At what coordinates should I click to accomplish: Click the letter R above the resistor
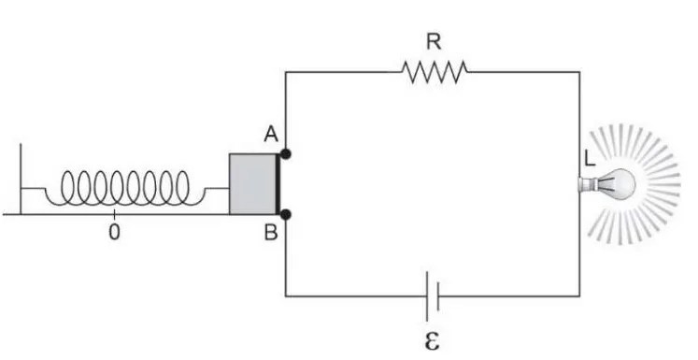pyautogui.click(x=434, y=42)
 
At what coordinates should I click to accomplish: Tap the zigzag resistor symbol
pyautogui.click(x=434, y=72)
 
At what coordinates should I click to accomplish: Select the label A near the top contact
pyautogui.click(x=271, y=134)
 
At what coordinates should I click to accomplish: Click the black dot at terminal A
pyautogui.click(x=286, y=154)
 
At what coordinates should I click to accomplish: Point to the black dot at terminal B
pyautogui.click(x=286, y=215)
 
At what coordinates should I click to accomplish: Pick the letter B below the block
pyautogui.click(x=271, y=232)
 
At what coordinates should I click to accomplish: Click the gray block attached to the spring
pyautogui.click(x=253, y=184)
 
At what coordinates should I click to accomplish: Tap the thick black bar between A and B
pyautogui.click(x=278, y=184)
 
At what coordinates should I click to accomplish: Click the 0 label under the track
pyautogui.click(x=114, y=232)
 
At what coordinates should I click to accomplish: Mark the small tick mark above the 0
pyautogui.click(x=114, y=214)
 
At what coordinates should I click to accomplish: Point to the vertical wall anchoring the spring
pyautogui.click(x=21, y=179)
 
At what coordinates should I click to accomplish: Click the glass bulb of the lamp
pyautogui.click(x=620, y=184)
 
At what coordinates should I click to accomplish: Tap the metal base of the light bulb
pyautogui.click(x=588, y=184)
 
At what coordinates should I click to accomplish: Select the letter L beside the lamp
pyautogui.click(x=590, y=159)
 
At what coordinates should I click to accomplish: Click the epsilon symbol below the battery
pyautogui.click(x=432, y=340)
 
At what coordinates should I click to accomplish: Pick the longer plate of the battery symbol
pyautogui.click(x=427, y=296)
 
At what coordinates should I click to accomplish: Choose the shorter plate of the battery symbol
pyautogui.click(x=438, y=295)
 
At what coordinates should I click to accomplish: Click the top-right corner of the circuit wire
pyautogui.click(x=579, y=72)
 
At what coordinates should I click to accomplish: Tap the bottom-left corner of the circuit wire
pyautogui.click(x=286, y=295)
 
